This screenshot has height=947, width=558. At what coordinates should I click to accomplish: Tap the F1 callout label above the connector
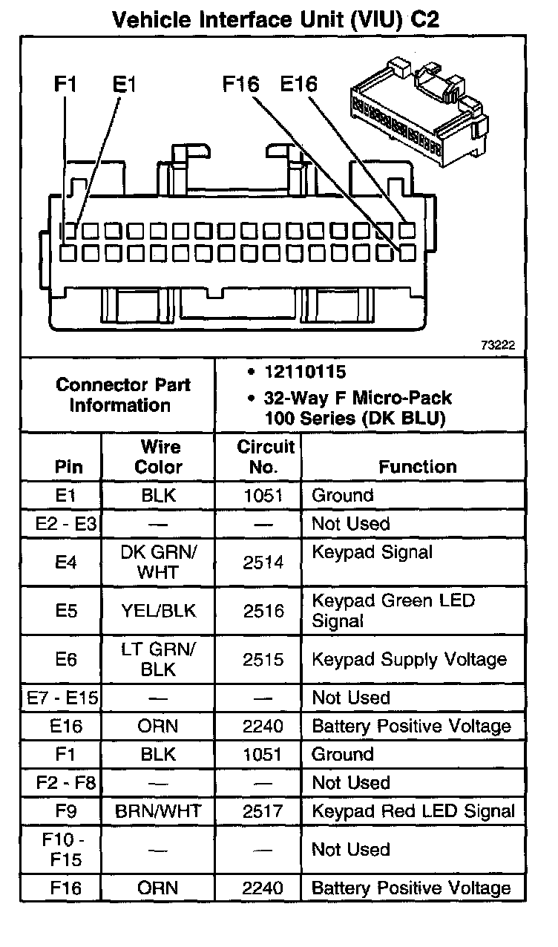[x=65, y=85]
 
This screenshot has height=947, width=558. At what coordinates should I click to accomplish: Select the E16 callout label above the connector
[x=298, y=85]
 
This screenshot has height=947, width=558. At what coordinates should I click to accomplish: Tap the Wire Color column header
[x=160, y=456]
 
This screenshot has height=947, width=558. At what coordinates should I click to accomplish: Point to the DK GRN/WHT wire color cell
[x=160, y=563]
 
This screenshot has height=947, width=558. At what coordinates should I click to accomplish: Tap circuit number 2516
[x=263, y=611]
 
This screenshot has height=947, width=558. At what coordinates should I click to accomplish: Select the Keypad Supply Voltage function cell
[x=409, y=659]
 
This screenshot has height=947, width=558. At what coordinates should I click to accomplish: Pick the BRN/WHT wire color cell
[x=158, y=811]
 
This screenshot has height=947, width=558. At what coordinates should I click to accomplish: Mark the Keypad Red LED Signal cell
[x=413, y=811]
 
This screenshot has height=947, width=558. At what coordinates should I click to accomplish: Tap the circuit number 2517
[x=263, y=811]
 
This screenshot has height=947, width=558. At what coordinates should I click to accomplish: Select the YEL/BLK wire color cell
[x=158, y=611]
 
